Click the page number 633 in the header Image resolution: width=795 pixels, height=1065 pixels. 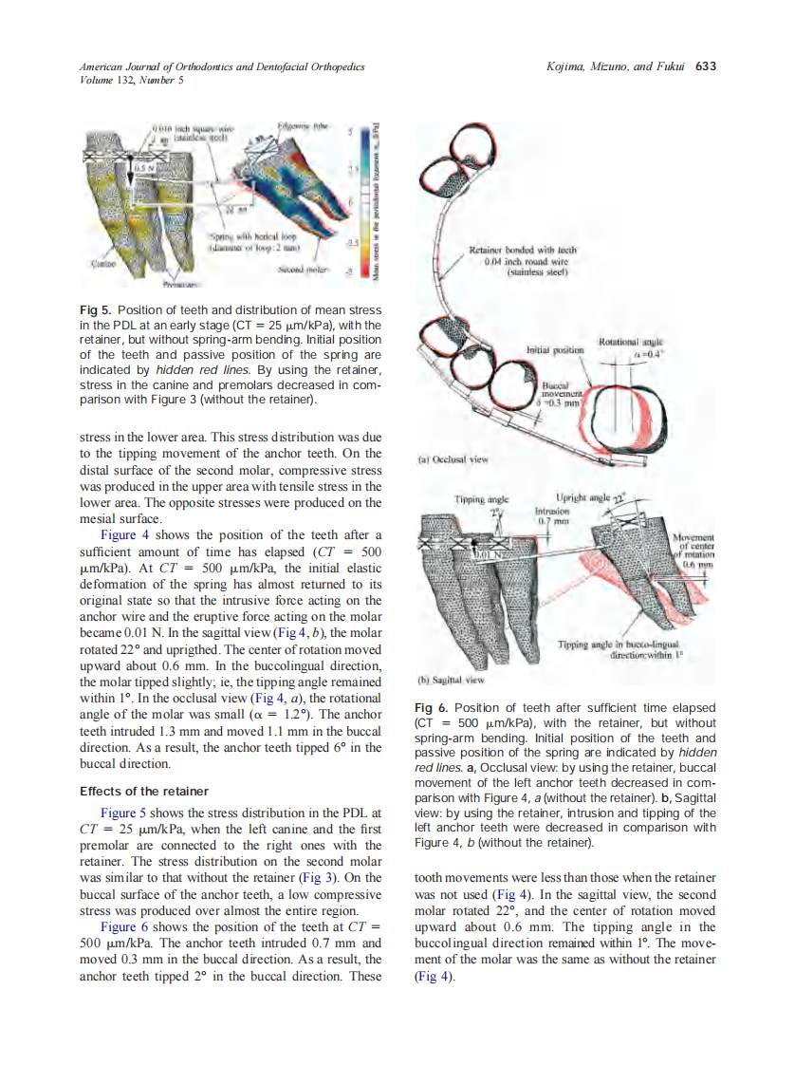click(705, 66)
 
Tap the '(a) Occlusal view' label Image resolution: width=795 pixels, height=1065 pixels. click(453, 459)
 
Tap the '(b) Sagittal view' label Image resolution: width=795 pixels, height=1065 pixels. click(452, 680)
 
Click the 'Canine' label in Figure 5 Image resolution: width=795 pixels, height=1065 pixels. click(102, 263)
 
